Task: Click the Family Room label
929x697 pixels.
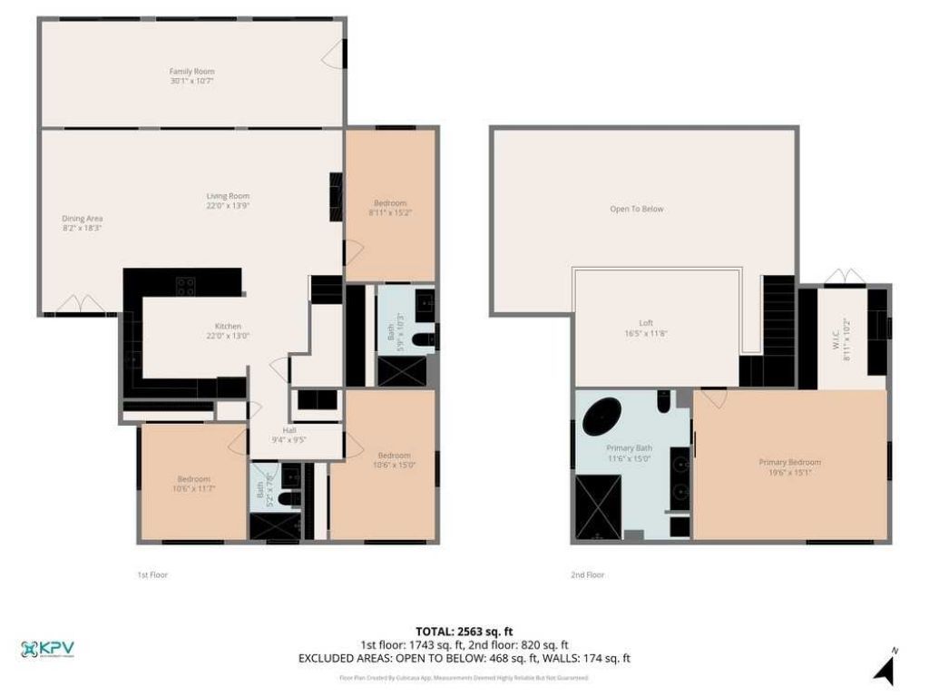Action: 191,71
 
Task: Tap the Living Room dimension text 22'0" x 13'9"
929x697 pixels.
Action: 228,206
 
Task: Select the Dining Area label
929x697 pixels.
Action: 82,218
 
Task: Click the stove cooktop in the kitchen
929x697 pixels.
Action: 185,286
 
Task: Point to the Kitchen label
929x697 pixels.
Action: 228,326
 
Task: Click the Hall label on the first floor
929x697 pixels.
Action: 289,429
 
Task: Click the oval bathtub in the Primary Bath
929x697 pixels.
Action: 601,419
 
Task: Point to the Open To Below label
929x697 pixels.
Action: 636,209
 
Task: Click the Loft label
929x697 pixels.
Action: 645,323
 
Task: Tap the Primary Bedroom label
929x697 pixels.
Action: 789,462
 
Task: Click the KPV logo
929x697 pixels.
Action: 47,649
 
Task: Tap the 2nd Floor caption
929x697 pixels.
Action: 587,574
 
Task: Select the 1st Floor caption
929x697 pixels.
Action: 152,574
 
